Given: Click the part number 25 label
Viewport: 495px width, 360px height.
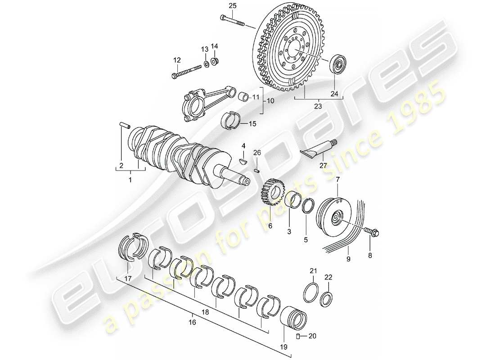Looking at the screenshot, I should pos(232,6).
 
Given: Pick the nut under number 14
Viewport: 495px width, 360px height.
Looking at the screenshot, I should pos(215,61).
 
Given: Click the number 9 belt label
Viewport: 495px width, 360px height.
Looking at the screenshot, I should pos(347,259).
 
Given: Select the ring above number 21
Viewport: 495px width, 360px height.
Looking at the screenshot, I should pos(313,294).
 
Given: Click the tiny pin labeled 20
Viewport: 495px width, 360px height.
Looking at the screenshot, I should pos(298,336).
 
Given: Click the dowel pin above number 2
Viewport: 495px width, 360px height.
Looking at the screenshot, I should pos(124,124).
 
